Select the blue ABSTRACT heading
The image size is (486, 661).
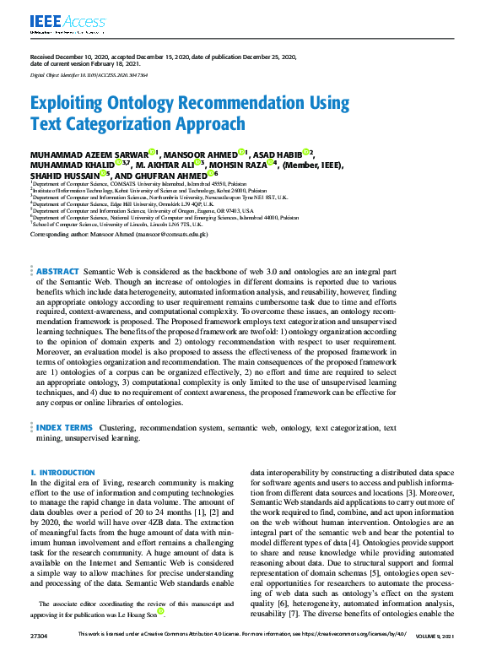(57, 271)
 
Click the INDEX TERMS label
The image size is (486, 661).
(65, 429)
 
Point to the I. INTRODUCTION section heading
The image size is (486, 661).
(62, 473)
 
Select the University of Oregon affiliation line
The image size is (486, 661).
(142, 210)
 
